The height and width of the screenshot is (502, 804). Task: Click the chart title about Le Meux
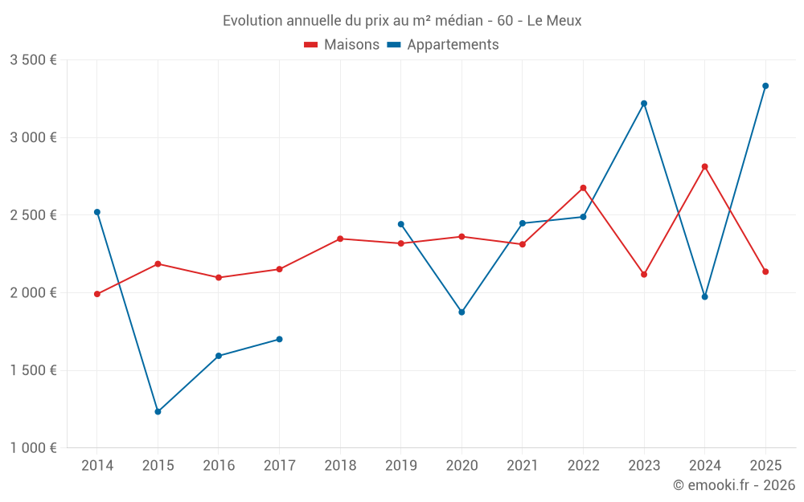click(402, 21)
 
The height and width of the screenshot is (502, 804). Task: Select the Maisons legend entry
click(342, 45)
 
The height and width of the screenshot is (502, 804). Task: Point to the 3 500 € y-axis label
click(33, 60)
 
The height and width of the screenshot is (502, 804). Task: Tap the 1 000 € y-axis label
click(33, 448)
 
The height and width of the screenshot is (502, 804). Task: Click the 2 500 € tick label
click(33, 215)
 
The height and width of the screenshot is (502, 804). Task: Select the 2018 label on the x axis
click(340, 466)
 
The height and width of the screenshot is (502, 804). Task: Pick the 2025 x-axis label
click(765, 466)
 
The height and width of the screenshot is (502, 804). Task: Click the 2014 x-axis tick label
click(97, 466)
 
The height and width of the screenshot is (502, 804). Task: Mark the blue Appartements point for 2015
click(158, 412)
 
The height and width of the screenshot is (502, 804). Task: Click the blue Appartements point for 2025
click(765, 86)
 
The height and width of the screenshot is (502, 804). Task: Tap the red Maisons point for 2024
click(705, 167)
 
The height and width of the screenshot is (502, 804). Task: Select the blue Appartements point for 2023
click(644, 104)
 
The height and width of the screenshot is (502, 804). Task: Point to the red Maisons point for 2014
click(97, 294)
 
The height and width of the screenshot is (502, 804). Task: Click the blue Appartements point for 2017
click(279, 339)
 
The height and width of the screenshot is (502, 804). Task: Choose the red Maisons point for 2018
click(340, 239)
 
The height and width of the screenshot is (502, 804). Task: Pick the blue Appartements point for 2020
click(461, 312)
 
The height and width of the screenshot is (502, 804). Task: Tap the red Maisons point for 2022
click(583, 188)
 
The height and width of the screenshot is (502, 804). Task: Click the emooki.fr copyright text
click(733, 485)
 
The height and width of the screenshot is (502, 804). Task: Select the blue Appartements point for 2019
click(401, 224)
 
